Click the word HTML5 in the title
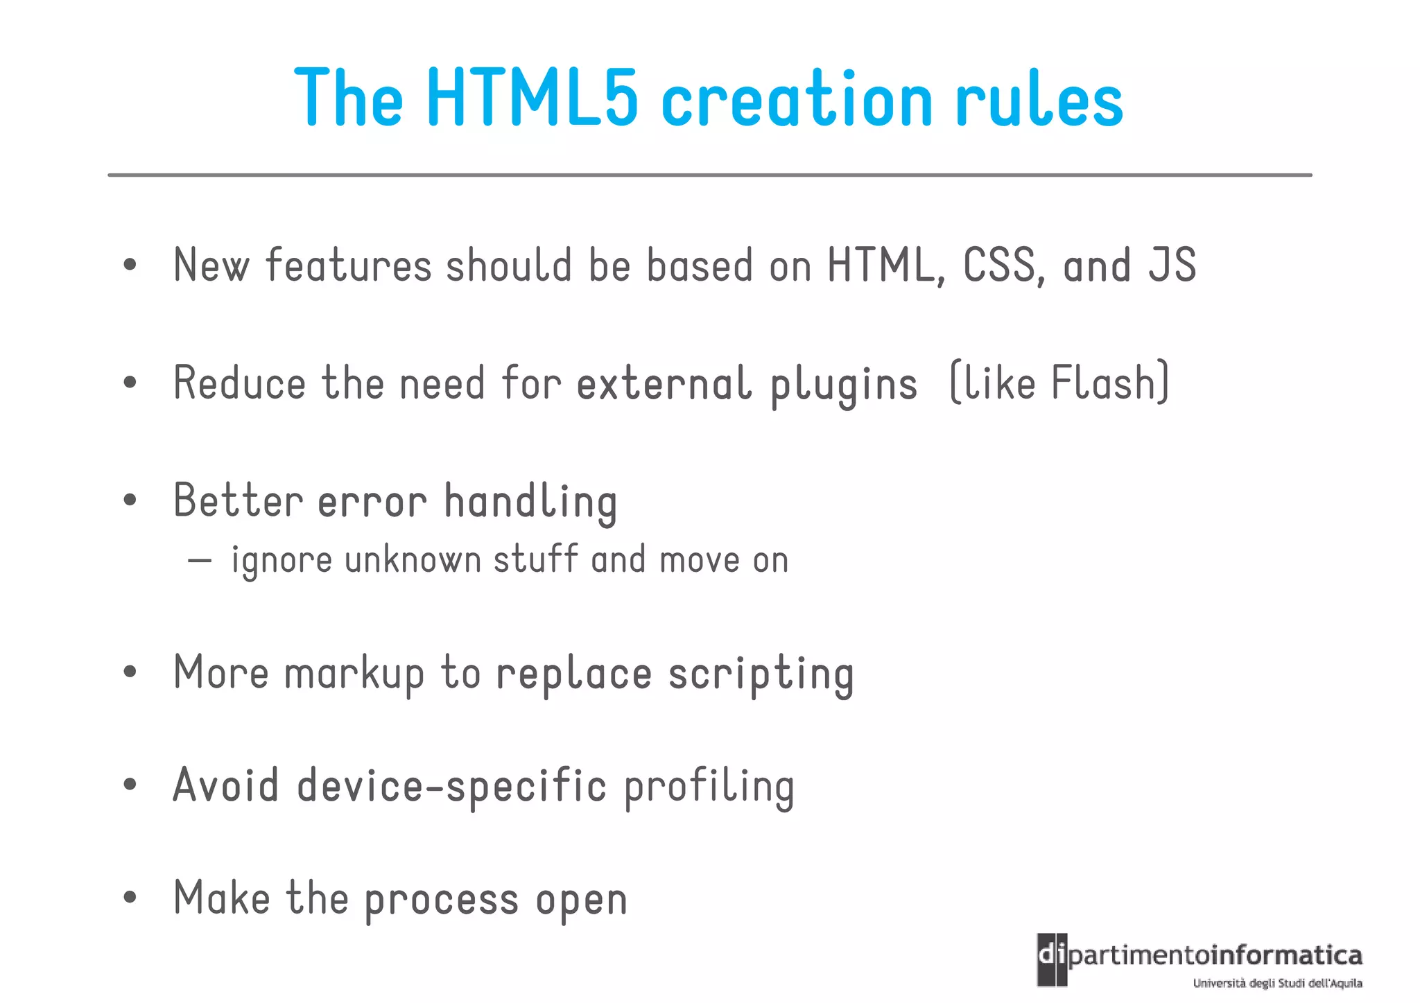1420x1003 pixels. coord(532,99)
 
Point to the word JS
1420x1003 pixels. coord(1172,265)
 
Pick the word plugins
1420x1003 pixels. coord(844,385)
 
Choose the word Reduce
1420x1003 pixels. coord(239,383)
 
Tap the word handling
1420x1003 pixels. coord(530,502)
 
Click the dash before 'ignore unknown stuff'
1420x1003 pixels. coord(200,561)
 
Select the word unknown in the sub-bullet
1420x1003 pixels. coord(413,561)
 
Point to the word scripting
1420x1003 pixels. coord(761,674)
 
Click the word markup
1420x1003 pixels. coord(354,674)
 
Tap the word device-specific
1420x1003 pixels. coord(451,786)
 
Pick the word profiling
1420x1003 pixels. coord(709,787)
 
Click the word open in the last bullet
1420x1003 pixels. coord(581,900)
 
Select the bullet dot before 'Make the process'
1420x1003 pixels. coord(130,898)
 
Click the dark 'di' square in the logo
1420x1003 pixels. coord(1052,959)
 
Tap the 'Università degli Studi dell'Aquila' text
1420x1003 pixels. coord(1277,983)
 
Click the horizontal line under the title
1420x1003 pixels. coord(709,175)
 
